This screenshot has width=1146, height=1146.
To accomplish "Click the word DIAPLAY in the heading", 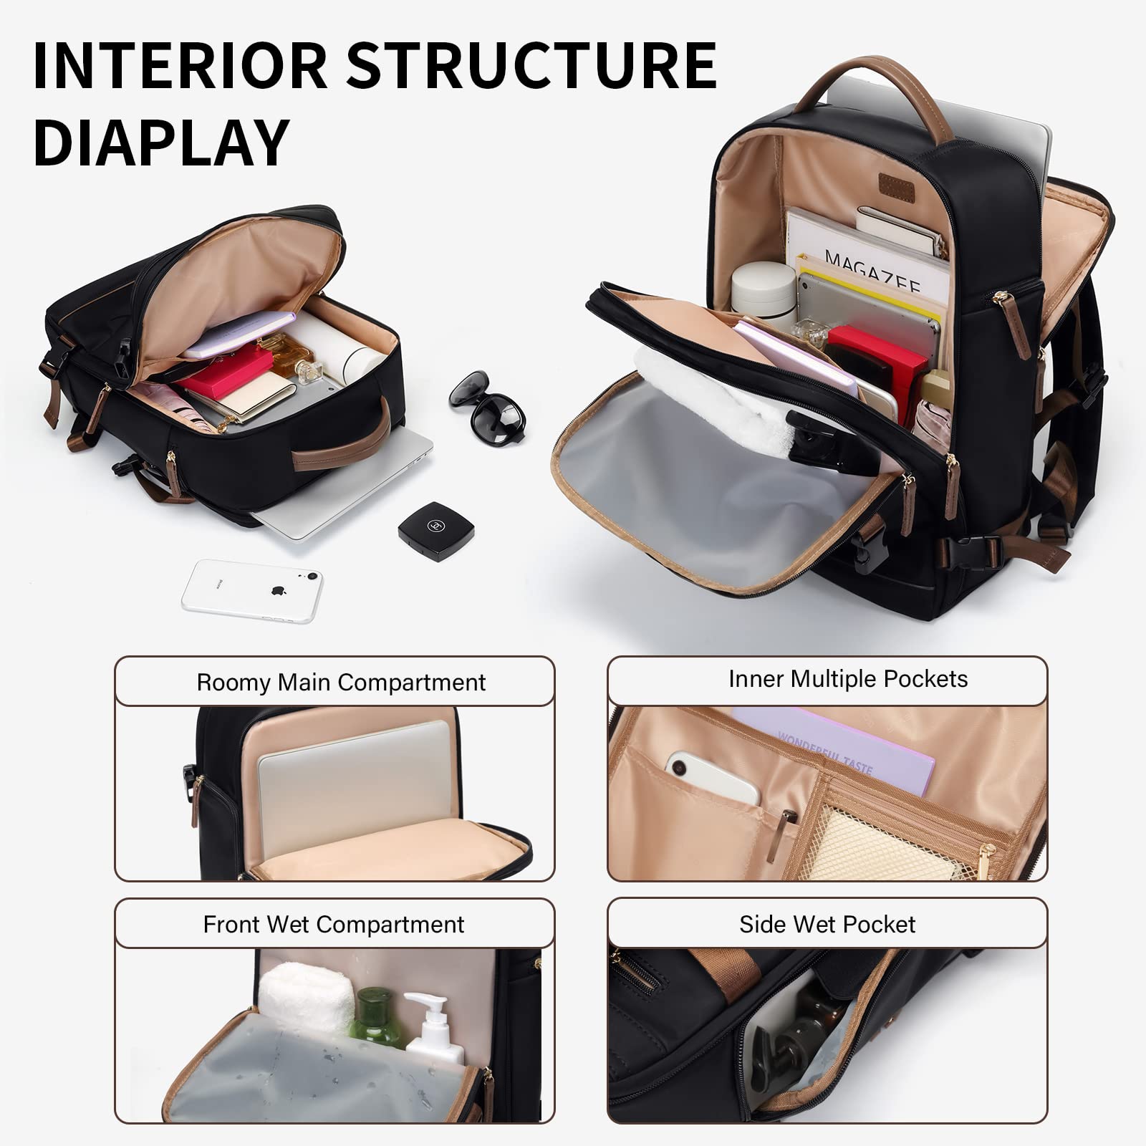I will click(161, 143).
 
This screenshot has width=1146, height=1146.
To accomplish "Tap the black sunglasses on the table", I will click(488, 406).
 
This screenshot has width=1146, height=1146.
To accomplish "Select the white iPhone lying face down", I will click(251, 590).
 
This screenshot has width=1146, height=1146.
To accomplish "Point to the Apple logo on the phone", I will click(277, 592).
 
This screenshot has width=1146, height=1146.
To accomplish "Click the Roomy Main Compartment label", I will click(341, 682).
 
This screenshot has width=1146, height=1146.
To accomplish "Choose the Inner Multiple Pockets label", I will click(848, 678).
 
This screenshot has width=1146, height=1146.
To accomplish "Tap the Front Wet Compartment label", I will click(334, 924).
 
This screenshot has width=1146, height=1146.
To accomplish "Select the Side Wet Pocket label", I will click(827, 924).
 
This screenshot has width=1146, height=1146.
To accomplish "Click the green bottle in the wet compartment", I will click(375, 1018).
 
